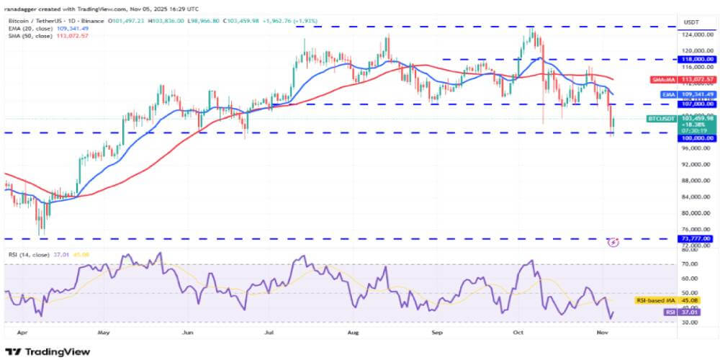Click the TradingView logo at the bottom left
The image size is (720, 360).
point(49,351)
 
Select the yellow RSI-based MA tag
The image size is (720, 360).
point(678,299)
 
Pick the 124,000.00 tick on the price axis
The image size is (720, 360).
point(695,34)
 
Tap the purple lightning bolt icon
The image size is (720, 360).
point(613,243)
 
